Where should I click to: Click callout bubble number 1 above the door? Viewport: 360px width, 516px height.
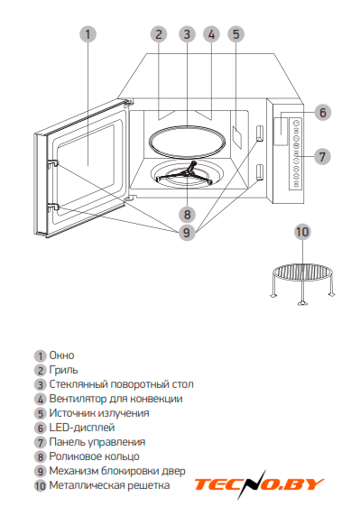coord(88,34)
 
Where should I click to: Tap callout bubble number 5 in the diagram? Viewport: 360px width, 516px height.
coord(236,34)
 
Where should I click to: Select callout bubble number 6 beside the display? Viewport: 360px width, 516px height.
coord(322,112)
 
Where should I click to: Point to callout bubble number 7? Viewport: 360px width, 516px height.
coord(321,156)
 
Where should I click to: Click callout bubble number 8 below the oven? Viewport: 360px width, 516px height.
coord(188,215)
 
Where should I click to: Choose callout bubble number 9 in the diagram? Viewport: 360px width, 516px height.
coord(187,233)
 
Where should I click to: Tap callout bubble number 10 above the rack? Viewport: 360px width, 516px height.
coord(302,232)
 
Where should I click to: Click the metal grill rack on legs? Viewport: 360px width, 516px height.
coord(302,283)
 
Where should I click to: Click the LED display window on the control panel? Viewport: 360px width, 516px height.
coord(281,131)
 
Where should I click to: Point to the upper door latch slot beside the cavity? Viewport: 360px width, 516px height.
coord(260,133)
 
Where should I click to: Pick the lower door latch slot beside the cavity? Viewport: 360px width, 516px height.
coord(260,172)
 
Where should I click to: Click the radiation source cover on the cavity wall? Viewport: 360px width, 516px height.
coord(237,136)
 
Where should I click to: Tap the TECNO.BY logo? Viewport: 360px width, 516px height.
coord(259,484)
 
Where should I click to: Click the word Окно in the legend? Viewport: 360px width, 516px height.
coord(61,355)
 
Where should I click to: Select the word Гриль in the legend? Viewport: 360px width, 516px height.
coord(63,370)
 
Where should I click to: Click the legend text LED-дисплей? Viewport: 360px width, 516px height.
coord(82,428)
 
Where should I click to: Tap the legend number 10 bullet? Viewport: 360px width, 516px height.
coord(40,485)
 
